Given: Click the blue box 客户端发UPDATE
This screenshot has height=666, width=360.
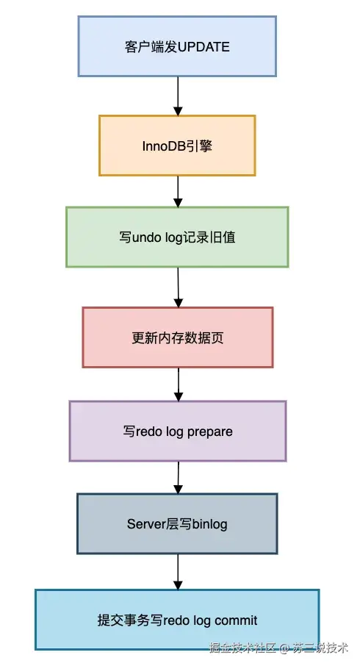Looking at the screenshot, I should (177, 46).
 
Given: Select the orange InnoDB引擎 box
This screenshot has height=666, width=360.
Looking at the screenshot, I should (177, 146).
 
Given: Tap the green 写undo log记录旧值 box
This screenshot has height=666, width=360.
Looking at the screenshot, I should (177, 237).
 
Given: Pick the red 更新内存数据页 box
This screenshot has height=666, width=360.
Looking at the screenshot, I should (177, 337).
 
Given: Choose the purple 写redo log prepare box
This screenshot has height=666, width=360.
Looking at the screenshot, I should (177, 431).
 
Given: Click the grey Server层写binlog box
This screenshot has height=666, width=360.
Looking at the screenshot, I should (177, 523).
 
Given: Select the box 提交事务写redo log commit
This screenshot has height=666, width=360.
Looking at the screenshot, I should (177, 620).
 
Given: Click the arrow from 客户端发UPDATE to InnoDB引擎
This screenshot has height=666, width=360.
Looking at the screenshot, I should (178, 96).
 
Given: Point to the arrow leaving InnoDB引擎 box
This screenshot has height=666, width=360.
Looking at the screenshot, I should (178, 191).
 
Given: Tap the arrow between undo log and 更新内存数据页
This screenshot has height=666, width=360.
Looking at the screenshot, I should (178, 287).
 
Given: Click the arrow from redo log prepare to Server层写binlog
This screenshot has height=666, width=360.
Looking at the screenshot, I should (178, 477).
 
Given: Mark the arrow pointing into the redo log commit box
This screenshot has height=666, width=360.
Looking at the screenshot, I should (178, 571).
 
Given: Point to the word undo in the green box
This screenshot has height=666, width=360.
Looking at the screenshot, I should (145, 237).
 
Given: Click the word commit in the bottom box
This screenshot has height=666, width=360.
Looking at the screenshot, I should (233, 620).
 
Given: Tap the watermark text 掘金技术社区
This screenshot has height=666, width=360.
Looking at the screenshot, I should (242, 648).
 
